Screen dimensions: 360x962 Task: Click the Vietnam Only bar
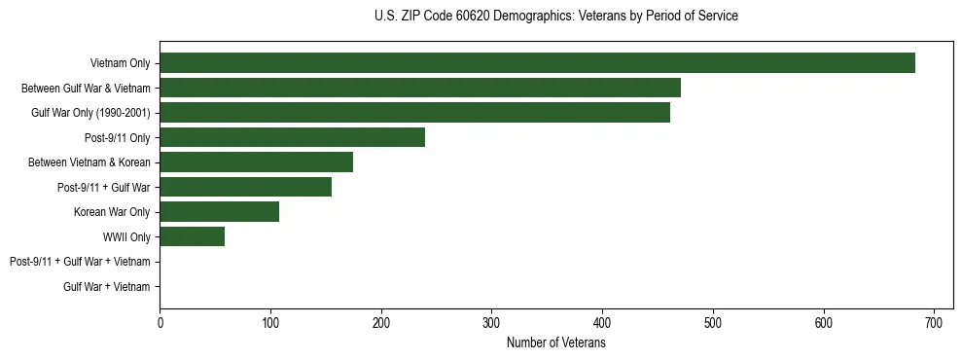coord(537,63)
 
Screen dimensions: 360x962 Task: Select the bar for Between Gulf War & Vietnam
coord(420,88)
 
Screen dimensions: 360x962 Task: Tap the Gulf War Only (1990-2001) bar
coord(414,113)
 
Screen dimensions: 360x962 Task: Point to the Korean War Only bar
coord(219,212)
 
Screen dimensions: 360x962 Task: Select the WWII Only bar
coord(192,236)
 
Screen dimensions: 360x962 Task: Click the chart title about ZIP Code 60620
coord(555,17)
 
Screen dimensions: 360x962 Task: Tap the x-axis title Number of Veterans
coord(555,342)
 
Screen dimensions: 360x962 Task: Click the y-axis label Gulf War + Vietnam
coord(107,287)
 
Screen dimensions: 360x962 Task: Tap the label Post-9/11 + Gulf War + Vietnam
coord(80,262)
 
